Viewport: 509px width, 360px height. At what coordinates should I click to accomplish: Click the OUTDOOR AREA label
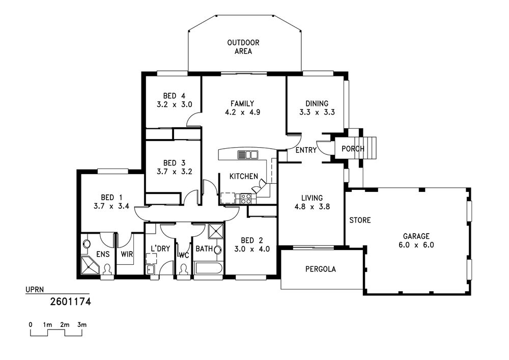click(x=243, y=47)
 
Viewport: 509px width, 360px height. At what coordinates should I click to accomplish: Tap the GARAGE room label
click(x=416, y=236)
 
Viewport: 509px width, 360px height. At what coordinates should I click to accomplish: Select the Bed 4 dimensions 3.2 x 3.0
click(x=174, y=104)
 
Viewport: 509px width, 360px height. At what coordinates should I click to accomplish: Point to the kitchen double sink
click(x=247, y=154)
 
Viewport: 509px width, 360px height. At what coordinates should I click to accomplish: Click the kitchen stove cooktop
click(x=245, y=199)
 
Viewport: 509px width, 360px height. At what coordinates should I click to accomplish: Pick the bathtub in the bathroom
click(x=208, y=269)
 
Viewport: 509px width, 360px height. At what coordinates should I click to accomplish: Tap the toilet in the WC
click(x=184, y=270)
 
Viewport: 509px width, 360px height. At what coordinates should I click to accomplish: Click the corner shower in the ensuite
click(x=89, y=265)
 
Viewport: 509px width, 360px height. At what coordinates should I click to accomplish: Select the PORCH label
click(x=353, y=149)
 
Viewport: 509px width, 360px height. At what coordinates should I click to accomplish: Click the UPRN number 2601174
click(x=70, y=302)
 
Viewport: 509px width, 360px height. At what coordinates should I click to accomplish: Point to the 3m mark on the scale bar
click(x=82, y=325)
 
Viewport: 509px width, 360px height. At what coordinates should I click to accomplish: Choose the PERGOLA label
click(x=321, y=269)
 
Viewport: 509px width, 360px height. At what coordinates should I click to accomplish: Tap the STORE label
click(x=360, y=220)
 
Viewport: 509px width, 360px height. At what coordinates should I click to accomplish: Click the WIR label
click(x=127, y=254)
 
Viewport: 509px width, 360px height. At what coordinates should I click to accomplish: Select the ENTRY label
click(x=306, y=150)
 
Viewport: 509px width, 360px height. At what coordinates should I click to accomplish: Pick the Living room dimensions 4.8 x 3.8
click(x=312, y=206)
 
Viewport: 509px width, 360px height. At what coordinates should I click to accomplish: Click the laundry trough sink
click(x=150, y=269)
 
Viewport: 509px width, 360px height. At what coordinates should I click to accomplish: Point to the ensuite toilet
click(x=107, y=270)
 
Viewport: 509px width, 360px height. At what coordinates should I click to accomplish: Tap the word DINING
click(x=317, y=103)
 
